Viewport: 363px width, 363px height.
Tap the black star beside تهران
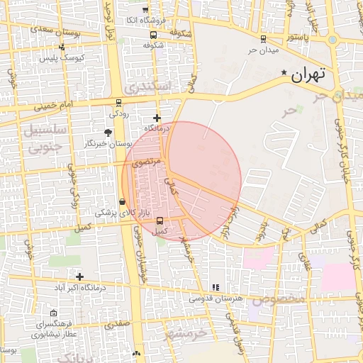[285, 72]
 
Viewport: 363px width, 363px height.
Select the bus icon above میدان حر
[263, 39]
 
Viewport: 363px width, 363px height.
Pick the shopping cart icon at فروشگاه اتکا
[145, 10]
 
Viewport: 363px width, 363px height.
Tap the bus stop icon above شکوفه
[154, 33]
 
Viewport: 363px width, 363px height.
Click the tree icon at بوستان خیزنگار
[108, 133]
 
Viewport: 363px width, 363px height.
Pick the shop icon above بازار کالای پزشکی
[123, 201]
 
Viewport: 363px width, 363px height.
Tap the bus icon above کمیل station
[160, 220]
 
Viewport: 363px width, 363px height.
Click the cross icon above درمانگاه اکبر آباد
[80, 277]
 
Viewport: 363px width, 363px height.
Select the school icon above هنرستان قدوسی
[215, 287]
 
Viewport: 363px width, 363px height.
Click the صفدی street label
[114, 325]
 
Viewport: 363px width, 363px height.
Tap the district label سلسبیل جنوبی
[46, 138]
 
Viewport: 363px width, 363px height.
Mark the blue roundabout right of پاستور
[333, 39]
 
